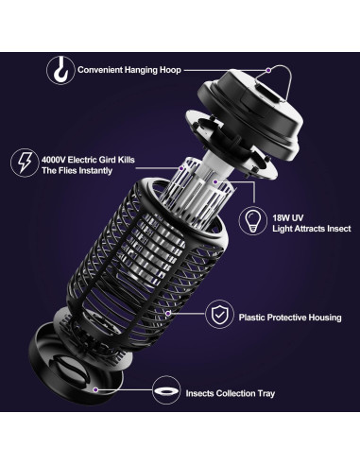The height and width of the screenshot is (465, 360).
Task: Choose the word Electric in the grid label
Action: point(93,158)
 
